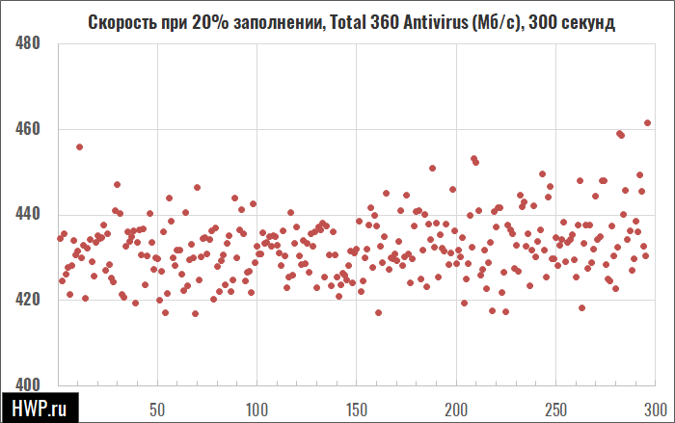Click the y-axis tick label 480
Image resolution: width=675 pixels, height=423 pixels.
pyautogui.click(x=27, y=43)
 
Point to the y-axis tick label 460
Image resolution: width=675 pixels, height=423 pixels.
pyautogui.click(x=27, y=129)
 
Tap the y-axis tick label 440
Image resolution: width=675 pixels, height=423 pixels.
pyautogui.click(x=27, y=214)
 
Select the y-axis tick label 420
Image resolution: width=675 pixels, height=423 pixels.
pyautogui.click(x=27, y=300)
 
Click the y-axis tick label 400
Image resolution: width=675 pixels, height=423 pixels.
pyautogui.click(x=27, y=384)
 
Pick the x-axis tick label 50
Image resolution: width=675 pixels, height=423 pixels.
pyautogui.click(x=157, y=410)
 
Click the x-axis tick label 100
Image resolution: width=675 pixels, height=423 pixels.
pyautogui.click(x=256, y=410)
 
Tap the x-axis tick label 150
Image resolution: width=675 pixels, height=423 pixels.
pyautogui.click(x=357, y=410)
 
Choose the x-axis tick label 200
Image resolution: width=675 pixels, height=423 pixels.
pyautogui.click(x=456, y=410)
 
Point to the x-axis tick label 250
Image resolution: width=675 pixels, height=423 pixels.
pyautogui.click(x=555, y=410)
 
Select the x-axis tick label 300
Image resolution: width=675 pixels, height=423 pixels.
pyautogui.click(x=656, y=410)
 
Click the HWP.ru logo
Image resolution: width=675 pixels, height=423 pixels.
pyautogui.click(x=40, y=408)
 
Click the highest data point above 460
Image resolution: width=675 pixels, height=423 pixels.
pyautogui.click(x=647, y=123)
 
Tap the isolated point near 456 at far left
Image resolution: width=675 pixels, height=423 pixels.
pyautogui.click(x=80, y=147)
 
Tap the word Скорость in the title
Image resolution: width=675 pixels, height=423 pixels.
pyautogui.click(x=122, y=22)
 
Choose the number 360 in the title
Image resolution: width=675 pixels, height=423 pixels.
pyautogui.click(x=385, y=22)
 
